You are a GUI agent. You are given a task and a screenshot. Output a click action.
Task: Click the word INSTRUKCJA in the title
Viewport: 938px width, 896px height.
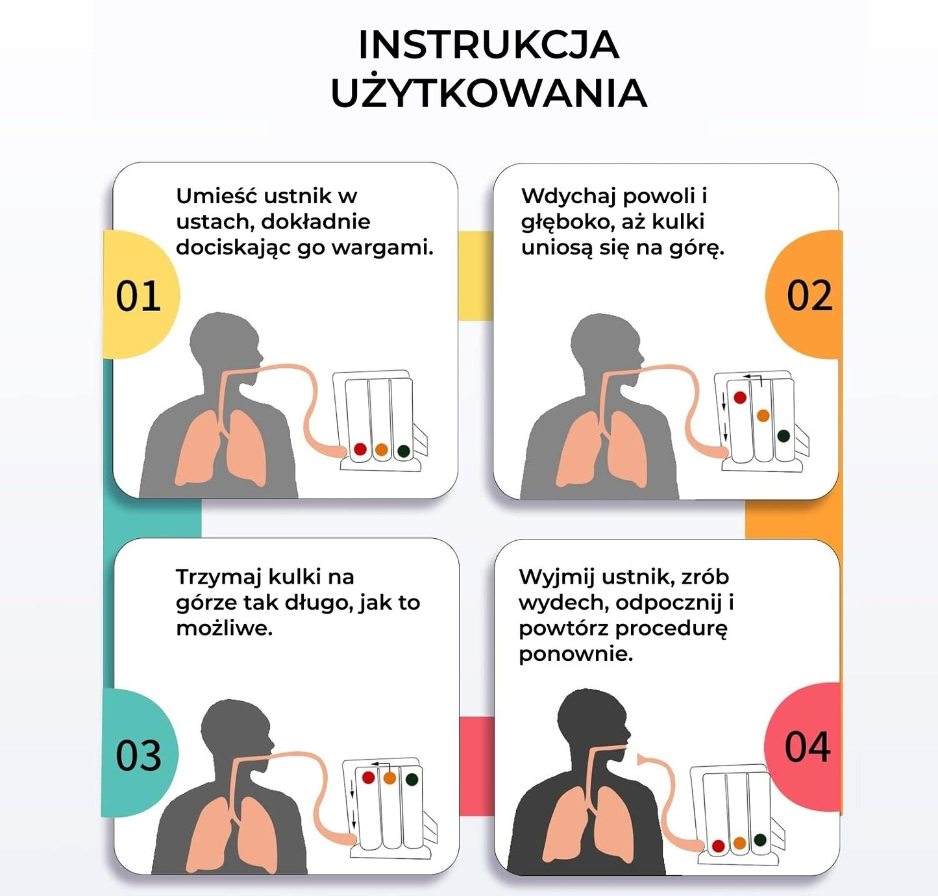pyautogui.click(x=488, y=45)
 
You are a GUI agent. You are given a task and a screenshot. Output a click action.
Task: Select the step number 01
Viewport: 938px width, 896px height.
pyautogui.click(x=138, y=295)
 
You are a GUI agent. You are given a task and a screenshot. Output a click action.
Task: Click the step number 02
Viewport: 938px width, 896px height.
pyautogui.click(x=809, y=295)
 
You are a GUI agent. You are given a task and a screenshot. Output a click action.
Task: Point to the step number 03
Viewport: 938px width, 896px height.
pyautogui.click(x=138, y=755)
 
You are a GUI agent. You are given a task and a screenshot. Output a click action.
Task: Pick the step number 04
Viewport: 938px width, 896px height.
pyautogui.click(x=808, y=747)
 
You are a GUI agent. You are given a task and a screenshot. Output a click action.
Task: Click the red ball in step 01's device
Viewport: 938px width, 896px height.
pyautogui.click(x=360, y=449)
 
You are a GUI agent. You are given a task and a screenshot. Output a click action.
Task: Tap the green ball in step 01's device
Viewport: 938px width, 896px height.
pyautogui.click(x=404, y=451)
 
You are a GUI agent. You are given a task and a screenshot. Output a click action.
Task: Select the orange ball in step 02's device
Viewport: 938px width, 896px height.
pyautogui.click(x=763, y=416)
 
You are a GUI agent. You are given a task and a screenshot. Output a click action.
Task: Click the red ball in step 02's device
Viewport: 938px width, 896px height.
pyautogui.click(x=740, y=397)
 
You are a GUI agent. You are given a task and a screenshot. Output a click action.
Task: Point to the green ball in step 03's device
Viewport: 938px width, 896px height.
pyautogui.click(x=411, y=779)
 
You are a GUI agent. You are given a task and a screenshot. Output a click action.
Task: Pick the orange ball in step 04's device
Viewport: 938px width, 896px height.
pyautogui.click(x=739, y=843)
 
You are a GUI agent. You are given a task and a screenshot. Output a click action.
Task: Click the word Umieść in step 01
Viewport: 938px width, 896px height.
pyautogui.click(x=217, y=195)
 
